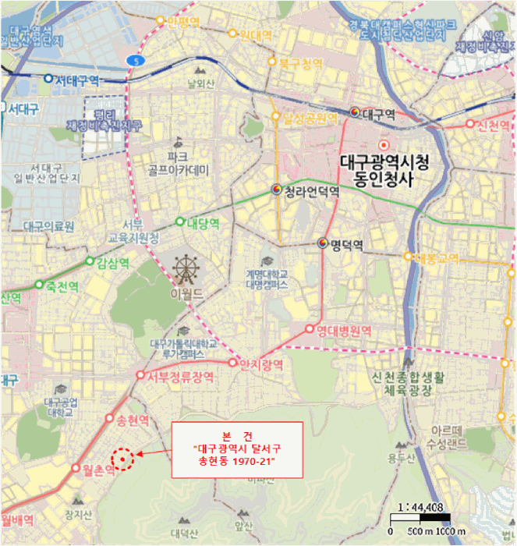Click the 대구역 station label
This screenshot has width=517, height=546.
pos(379,114)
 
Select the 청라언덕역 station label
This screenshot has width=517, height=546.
pos(310,191)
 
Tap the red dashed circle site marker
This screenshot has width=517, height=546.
pos(122,459)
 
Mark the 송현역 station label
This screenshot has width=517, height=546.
pos(132,421)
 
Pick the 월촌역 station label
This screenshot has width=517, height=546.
pos(97,469)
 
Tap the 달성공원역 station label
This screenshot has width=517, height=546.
pos(309,119)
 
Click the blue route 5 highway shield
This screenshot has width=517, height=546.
pos(137,59)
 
